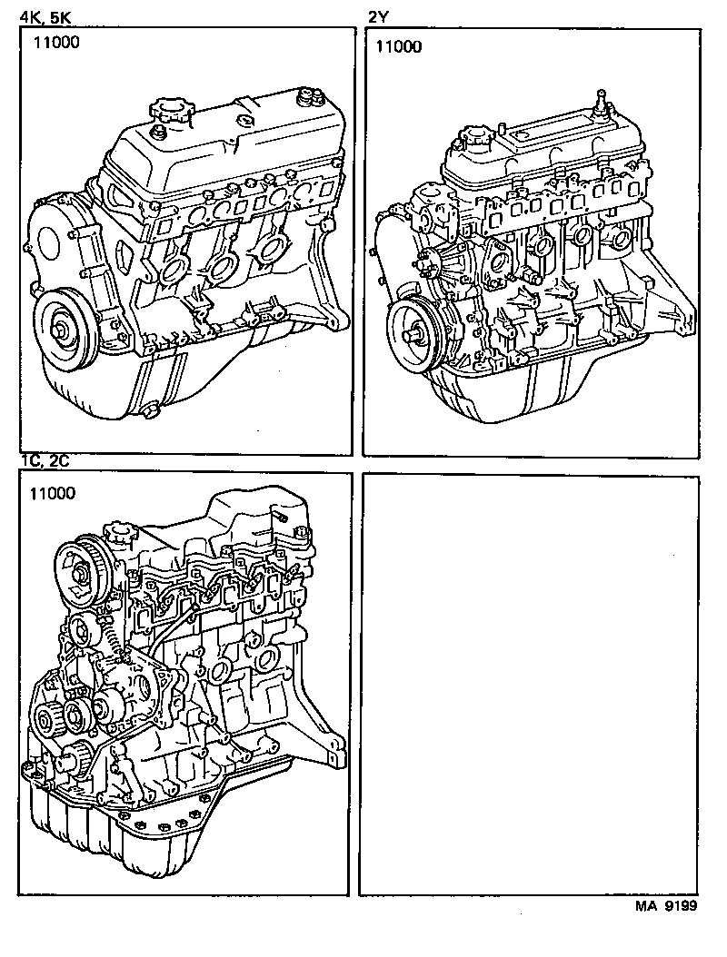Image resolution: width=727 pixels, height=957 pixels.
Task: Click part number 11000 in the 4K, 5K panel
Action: pyautogui.click(x=57, y=43)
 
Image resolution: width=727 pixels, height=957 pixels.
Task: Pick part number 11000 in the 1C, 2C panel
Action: pyautogui.click(x=53, y=494)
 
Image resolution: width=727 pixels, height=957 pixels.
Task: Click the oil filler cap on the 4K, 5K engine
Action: pyautogui.click(x=172, y=110)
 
